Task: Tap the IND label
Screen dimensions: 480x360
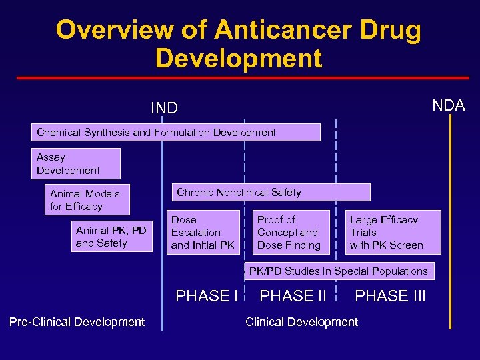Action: click(164, 107)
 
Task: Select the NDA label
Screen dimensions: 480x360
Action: click(449, 105)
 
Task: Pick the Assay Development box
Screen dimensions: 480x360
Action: click(77, 164)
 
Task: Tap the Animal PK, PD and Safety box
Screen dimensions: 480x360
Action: click(111, 237)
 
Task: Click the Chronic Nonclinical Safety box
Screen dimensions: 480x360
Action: click(271, 192)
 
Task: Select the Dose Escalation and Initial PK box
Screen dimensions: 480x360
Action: click(203, 232)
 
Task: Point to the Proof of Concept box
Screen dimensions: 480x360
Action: click(292, 232)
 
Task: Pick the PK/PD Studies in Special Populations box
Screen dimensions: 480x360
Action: click(339, 271)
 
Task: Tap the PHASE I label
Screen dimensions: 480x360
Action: click(207, 296)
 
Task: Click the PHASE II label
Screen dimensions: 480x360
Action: click(293, 296)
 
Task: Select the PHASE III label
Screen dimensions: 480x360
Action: click(391, 296)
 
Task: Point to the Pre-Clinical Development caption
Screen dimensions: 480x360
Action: click(77, 322)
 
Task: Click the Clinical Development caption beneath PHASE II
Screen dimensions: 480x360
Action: click(301, 322)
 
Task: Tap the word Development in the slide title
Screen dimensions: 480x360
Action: click(239, 59)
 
